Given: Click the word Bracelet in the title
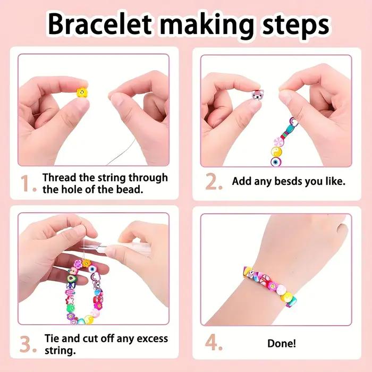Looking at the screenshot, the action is click(100, 24).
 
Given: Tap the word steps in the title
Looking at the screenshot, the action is click(295, 26).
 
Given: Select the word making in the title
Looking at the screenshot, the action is click(207, 26).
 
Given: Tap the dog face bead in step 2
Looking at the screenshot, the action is click(257, 95).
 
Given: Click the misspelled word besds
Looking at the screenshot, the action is click(288, 182).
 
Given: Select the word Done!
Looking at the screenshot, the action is click(282, 343).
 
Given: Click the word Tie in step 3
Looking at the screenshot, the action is click(52, 339).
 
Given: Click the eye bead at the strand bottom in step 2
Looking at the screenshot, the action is click(276, 162).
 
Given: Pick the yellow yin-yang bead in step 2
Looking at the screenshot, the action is click(277, 151).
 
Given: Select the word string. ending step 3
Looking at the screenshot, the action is click(60, 351).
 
